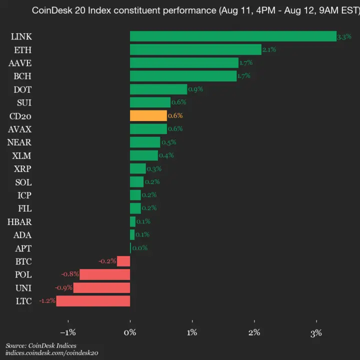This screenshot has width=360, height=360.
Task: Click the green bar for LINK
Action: tap(233, 36)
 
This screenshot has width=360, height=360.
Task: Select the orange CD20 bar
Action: tap(148, 115)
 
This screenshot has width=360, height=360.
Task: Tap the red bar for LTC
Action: tap(93, 301)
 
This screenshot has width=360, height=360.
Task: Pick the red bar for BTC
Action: tap(123, 261)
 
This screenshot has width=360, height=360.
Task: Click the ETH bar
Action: tap(195, 49)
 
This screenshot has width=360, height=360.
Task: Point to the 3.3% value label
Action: tap(344, 36)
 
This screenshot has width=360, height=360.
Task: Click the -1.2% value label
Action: tap(47, 301)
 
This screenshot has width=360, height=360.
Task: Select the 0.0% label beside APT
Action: tap(139, 248)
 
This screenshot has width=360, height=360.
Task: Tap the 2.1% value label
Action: tap(269, 49)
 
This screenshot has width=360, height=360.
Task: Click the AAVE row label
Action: tap(20, 62)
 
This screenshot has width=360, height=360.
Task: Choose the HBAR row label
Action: tap(19, 221)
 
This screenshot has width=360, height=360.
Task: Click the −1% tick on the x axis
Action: tap(67, 333)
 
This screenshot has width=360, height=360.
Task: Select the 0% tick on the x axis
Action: tap(130, 333)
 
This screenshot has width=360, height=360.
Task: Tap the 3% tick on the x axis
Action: tap(316, 333)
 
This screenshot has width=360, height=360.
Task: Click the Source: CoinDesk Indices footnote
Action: tap(41, 345)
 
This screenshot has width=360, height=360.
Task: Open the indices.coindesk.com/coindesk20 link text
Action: tap(52, 353)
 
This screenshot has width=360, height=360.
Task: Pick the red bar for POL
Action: tap(105, 274)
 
